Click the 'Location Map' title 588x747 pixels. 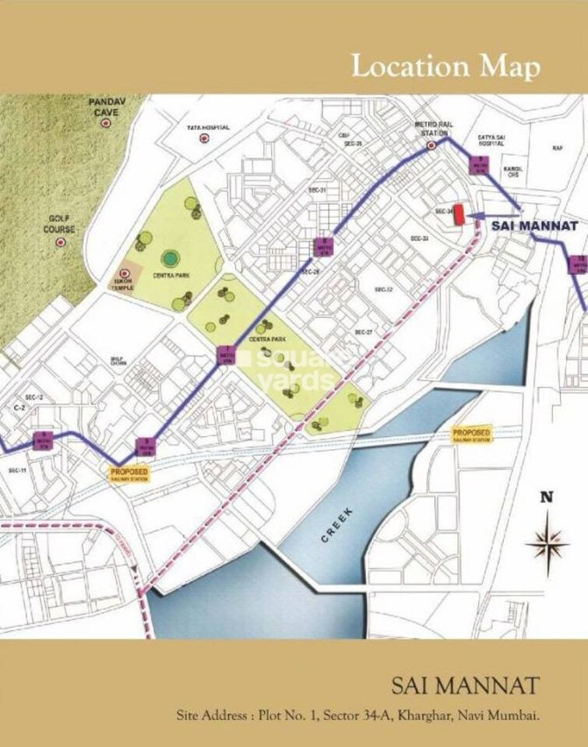coord(445,66)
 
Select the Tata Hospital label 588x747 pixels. coord(207,128)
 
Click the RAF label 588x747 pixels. coord(557,147)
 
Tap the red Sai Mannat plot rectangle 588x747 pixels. coord(459,214)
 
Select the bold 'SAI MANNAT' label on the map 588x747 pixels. coord(536,227)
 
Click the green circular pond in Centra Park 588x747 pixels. coord(168,258)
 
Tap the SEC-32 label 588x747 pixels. coord(383,289)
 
